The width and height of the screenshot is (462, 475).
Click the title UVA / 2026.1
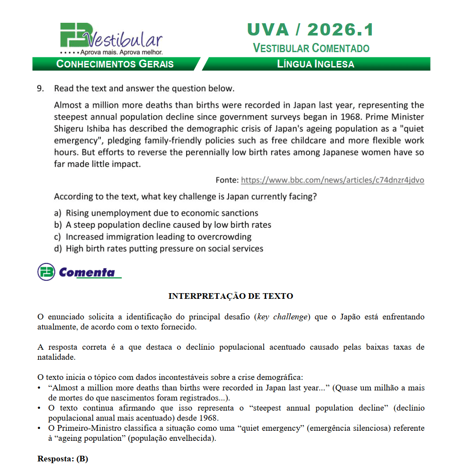310,30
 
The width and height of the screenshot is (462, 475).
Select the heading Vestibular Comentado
311,48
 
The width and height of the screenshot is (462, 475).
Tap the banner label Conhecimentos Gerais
115,64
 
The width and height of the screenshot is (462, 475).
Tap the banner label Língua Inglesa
315,64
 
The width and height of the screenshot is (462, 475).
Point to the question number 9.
41,89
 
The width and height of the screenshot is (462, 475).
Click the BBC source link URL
332,180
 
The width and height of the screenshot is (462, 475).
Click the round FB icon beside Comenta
46,272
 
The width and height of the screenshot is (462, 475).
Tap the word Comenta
87,273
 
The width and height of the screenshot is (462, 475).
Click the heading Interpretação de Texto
231,296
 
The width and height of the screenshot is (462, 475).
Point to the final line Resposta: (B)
63,459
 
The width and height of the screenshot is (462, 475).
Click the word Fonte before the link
227,180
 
